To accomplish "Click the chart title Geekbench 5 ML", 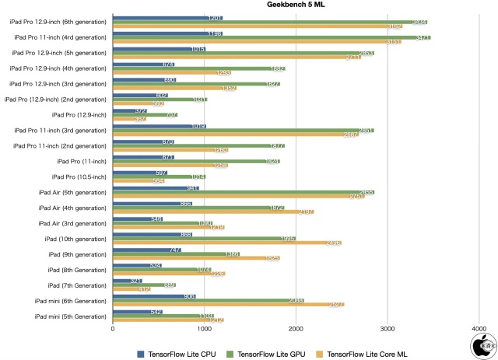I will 294,5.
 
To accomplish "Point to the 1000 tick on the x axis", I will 205,329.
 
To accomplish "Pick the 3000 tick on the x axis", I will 388,329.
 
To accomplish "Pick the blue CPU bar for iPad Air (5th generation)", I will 156,187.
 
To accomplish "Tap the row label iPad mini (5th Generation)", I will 70,316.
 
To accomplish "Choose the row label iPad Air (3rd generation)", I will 72,223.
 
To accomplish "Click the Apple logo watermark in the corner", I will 482,344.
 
